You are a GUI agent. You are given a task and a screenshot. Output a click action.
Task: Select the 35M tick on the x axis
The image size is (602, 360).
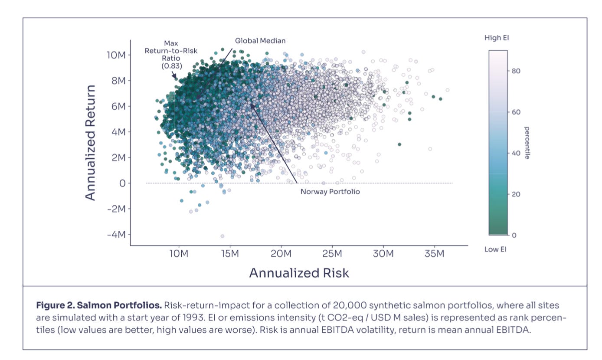tap(434, 253)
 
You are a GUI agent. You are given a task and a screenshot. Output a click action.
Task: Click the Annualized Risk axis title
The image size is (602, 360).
tap(299, 273)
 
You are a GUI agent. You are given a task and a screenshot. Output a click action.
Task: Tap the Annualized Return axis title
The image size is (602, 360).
tap(90, 143)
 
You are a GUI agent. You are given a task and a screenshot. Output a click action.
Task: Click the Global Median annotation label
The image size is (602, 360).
tap(260, 41)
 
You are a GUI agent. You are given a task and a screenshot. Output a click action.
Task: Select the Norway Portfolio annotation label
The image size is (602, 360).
tap(330, 191)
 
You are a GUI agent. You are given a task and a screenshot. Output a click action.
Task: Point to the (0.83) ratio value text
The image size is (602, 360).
tap(171, 66)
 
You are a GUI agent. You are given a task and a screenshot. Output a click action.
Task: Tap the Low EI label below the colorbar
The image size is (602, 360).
tap(495, 249)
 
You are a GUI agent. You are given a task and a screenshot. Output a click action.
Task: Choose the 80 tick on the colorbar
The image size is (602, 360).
tap(515, 71)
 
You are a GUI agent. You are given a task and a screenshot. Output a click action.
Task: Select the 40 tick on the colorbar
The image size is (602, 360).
tap(515, 153)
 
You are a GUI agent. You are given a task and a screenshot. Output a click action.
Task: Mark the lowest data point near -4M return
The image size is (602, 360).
tap(222, 236)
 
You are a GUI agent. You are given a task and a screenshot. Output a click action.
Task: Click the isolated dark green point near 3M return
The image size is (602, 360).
tap(399, 144)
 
